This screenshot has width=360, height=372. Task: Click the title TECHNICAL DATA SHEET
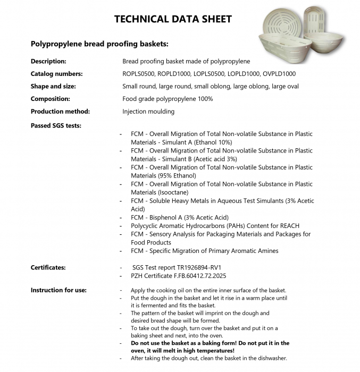point(173,20)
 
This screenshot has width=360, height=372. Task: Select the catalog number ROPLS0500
point(140,74)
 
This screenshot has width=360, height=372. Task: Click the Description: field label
point(48,61)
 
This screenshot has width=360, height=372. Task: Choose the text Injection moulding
point(148,112)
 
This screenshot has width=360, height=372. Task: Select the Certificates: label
point(48,267)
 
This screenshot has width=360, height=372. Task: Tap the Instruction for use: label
point(58,290)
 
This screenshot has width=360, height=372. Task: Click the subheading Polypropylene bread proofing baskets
point(99,44)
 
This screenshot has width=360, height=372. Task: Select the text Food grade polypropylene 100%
point(168,99)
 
